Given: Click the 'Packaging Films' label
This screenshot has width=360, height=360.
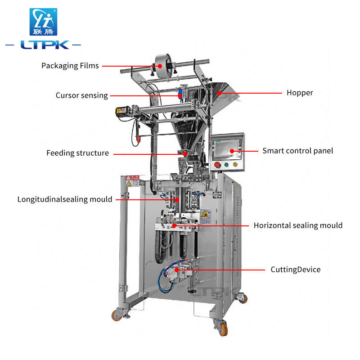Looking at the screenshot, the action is coord(70,66).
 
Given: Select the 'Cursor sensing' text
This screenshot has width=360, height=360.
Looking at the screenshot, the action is coord(82,95).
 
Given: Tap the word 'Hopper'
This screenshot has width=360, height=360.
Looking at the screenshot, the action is coord(300,93).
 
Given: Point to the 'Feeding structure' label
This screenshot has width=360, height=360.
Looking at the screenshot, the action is coord(77,153).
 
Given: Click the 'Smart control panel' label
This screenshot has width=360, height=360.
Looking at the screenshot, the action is coord(298,151).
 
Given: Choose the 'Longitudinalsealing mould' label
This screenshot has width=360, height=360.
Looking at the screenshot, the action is coord(65,199).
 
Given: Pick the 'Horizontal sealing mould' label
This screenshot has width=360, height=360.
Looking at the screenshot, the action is coord(298,225).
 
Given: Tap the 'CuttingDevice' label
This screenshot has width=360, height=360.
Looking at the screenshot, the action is coord(296,270).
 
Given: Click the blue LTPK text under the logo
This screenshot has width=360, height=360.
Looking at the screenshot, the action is coord(44,45).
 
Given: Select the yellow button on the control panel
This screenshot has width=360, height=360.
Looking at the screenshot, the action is coord(235,164).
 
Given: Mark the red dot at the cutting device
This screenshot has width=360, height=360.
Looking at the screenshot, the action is coord(176,270).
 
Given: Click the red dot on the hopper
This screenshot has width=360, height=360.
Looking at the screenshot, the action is coord(219,93).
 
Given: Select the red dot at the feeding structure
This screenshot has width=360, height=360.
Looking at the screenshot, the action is coord(184,153).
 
